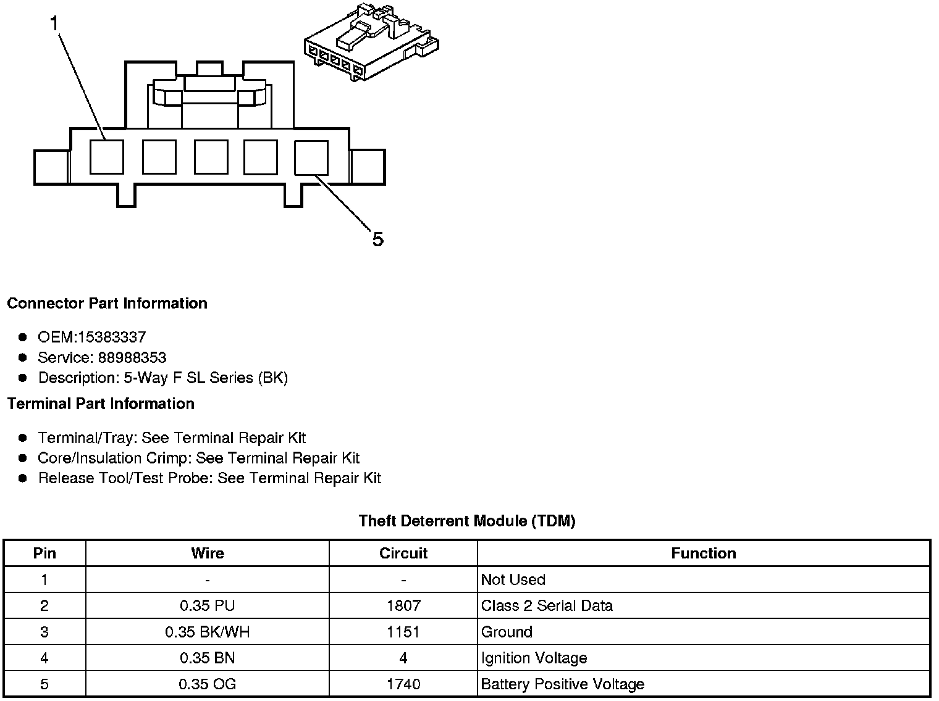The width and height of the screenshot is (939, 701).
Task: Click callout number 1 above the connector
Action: (x=54, y=23)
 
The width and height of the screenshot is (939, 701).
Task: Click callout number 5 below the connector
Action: (x=377, y=239)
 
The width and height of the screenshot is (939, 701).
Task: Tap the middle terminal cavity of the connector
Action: (x=211, y=157)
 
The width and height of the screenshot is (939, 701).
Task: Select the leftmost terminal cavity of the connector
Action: (x=106, y=157)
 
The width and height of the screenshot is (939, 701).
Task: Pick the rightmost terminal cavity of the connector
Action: (x=311, y=157)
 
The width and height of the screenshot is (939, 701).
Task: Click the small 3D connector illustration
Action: (x=371, y=42)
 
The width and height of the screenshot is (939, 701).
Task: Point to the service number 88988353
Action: (x=132, y=357)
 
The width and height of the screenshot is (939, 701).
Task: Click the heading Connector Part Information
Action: (x=107, y=303)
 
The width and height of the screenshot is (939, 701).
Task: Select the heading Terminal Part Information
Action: (x=101, y=404)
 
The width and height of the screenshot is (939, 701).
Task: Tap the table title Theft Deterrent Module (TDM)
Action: (x=467, y=521)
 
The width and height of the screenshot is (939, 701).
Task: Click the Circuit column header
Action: (x=403, y=553)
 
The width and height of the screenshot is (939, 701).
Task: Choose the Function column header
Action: (x=703, y=553)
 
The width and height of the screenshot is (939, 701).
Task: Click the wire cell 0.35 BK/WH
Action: (x=208, y=632)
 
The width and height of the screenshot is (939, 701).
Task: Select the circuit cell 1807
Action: (x=403, y=605)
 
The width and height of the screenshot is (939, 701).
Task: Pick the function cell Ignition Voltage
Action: (x=534, y=658)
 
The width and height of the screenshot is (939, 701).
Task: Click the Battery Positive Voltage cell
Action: (x=562, y=684)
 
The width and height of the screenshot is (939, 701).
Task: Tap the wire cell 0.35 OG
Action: (x=208, y=684)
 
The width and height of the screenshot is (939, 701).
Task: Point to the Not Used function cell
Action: (x=513, y=579)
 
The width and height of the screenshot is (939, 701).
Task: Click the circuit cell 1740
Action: (x=403, y=684)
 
